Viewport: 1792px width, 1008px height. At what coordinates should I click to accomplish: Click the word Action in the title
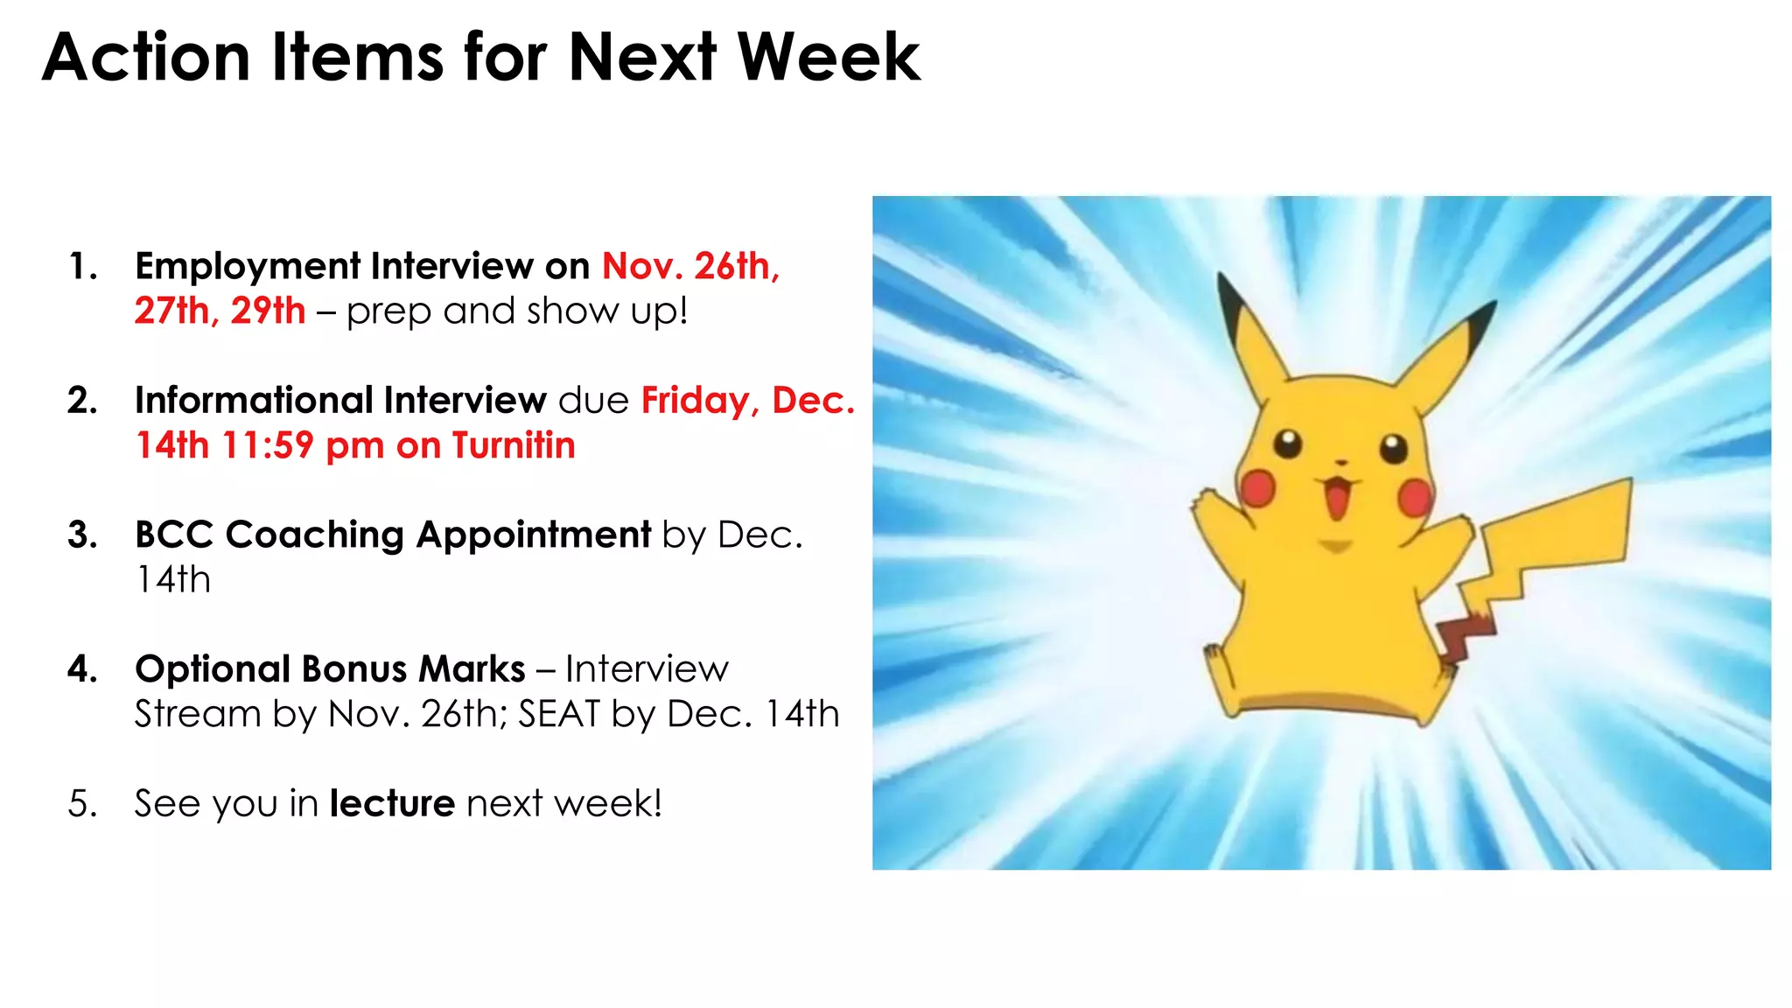[146, 58]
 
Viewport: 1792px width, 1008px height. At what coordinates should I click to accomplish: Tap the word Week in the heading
[829, 58]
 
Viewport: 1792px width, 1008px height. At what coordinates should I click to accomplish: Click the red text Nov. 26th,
[690, 266]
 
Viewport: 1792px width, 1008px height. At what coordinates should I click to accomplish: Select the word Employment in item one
[246, 266]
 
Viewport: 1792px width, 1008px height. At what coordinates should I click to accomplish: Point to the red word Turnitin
[514, 445]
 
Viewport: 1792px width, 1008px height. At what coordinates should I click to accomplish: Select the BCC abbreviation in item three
[174, 535]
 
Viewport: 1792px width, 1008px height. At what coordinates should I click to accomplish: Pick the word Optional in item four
[213, 669]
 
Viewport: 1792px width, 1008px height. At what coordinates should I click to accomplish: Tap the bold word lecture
[392, 803]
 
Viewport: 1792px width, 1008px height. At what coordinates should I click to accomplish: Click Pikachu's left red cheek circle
[1258, 488]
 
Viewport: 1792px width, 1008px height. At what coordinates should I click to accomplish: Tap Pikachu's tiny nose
[1340, 462]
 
